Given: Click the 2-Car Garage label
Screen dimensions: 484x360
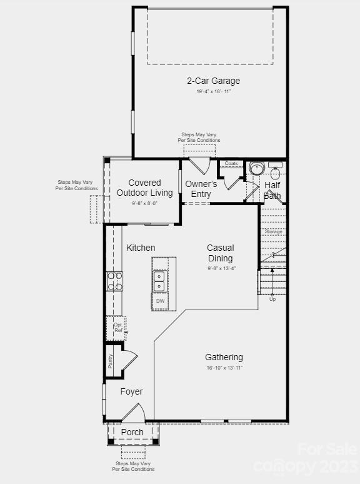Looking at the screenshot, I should tap(213, 81).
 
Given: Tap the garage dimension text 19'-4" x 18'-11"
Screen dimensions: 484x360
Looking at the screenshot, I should tap(213, 91).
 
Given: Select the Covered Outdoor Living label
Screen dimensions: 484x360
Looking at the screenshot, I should tap(144, 188).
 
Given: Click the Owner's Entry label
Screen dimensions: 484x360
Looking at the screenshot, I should tap(201, 189).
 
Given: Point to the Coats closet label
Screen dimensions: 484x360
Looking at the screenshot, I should tap(231, 164).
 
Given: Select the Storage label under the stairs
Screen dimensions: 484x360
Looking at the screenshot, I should tap(273, 231).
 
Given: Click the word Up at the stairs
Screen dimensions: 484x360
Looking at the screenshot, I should tap(272, 300).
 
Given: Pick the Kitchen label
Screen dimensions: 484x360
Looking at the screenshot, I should tap(141, 248).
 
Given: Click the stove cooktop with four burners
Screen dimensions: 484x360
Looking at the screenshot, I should tap(115, 281).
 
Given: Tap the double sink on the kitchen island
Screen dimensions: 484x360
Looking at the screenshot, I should tap(159, 281).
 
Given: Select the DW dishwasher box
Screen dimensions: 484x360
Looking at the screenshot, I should tap(160, 301).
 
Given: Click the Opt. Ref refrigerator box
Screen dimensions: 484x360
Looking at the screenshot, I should tap(117, 328).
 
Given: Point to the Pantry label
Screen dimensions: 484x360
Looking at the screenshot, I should tap(111, 361).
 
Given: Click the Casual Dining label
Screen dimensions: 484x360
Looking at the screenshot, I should tap(220, 253).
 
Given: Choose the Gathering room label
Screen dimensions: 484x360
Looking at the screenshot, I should tap(224, 357).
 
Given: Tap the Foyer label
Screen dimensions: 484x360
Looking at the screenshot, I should tap(131, 391).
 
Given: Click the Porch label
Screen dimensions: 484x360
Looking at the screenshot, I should tap(132, 432).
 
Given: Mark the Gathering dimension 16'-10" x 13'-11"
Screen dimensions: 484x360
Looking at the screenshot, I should tap(224, 368).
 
